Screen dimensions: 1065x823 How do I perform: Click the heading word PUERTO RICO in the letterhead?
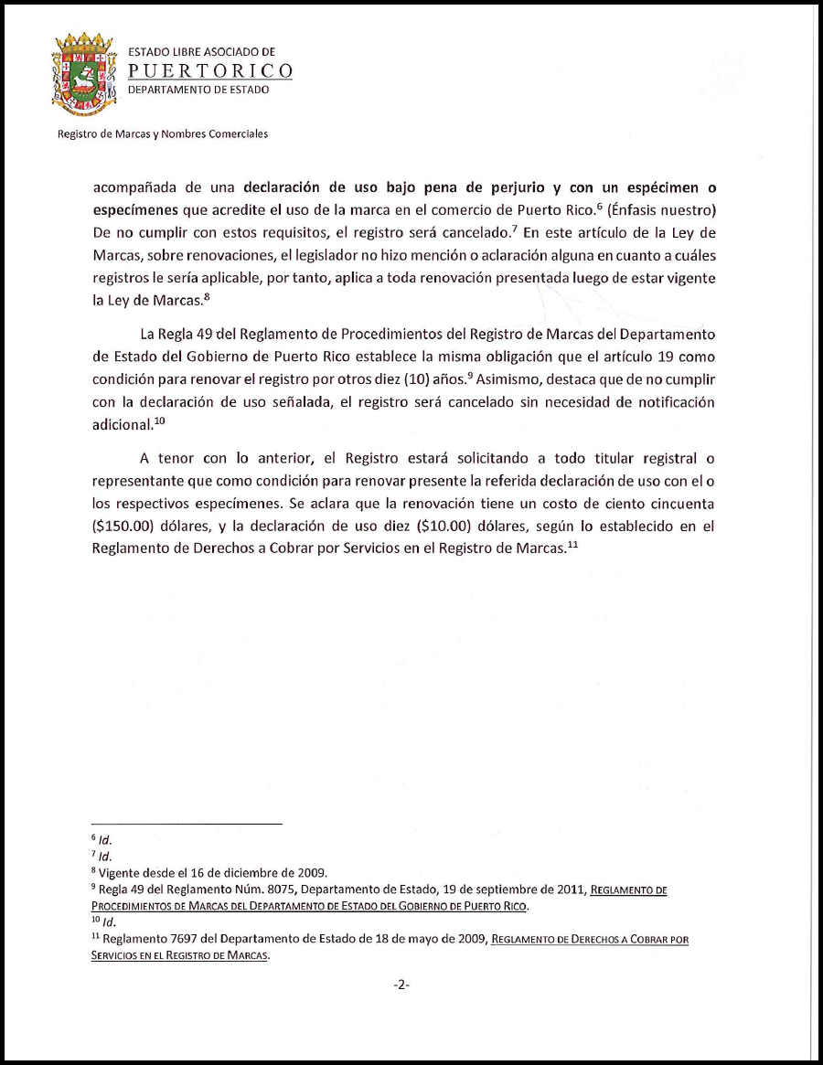(x=210, y=71)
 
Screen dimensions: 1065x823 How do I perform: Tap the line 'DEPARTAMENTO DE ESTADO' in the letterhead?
(x=198, y=90)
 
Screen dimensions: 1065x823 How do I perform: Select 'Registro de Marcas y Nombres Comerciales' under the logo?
(x=162, y=133)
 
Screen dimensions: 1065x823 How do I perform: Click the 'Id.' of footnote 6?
(x=104, y=839)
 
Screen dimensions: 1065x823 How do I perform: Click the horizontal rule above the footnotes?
(x=187, y=824)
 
